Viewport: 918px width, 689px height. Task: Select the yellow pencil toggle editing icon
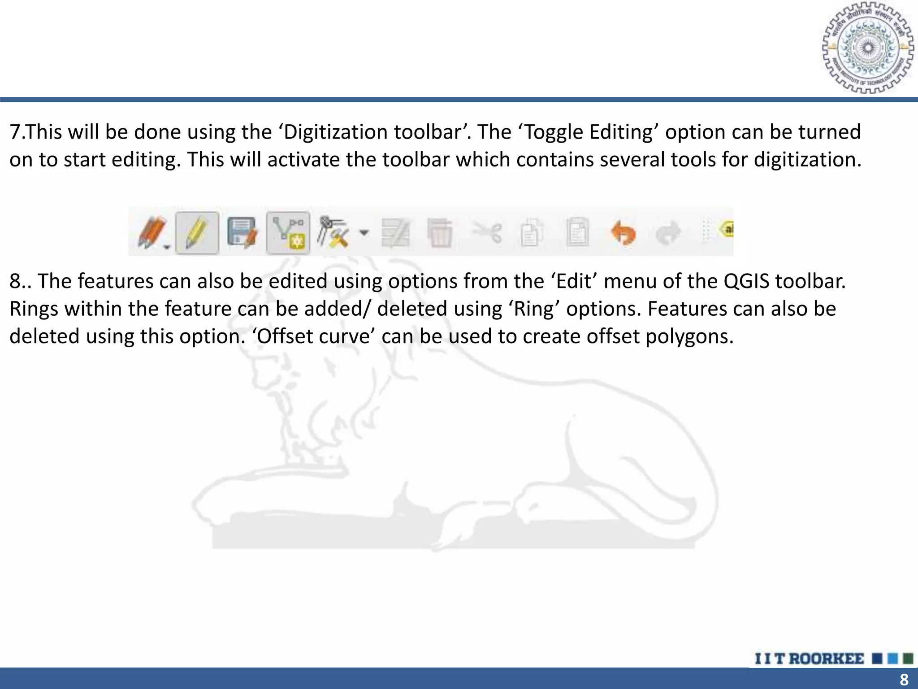pos(197,233)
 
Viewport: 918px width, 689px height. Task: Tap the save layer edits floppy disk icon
pos(242,233)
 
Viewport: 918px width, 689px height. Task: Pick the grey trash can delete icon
pos(440,233)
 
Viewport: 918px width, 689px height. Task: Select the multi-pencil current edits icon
pos(152,232)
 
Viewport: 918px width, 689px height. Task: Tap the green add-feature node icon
pos(288,233)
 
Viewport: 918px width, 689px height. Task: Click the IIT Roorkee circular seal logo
pos(867,48)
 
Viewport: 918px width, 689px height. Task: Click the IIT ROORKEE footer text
pos(809,658)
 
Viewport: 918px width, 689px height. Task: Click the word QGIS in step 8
pos(748,282)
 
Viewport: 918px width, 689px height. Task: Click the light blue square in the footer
pos(892,658)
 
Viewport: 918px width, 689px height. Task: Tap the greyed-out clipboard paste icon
pos(577,232)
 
